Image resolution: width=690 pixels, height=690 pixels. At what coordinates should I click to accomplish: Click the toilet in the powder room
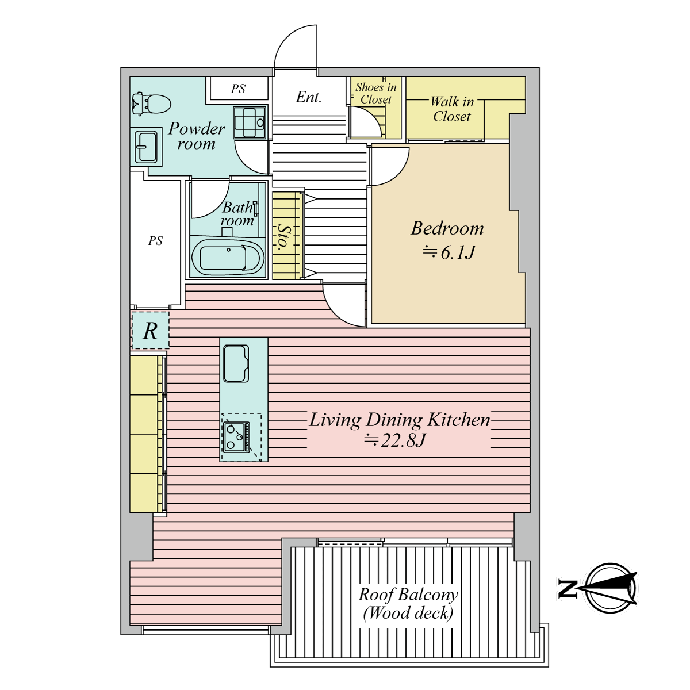coord(151,104)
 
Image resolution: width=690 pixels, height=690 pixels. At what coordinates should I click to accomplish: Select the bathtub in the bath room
coord(228,256)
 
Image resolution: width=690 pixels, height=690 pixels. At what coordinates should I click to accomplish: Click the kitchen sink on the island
coord(236,364)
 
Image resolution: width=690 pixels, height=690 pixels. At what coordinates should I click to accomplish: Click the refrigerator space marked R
coord(150,331)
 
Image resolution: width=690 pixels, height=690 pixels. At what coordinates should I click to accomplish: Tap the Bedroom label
coord(447,228)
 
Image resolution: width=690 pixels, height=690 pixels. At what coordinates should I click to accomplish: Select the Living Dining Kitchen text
coord(399,420)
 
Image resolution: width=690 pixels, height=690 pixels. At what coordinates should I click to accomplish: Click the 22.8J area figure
coord(394,440)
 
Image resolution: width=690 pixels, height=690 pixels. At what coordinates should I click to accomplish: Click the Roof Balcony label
coord(408,595)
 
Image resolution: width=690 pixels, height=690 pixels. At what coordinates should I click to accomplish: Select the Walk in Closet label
coord(452,109)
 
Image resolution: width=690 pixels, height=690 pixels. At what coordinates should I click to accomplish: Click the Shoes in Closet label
coord(375,93)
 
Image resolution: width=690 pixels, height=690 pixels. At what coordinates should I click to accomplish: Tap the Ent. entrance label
coord(309,97)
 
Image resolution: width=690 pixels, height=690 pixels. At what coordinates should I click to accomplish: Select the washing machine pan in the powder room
coord(250,122)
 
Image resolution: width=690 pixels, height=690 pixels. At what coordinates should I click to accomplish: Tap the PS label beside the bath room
coord(155,241)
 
